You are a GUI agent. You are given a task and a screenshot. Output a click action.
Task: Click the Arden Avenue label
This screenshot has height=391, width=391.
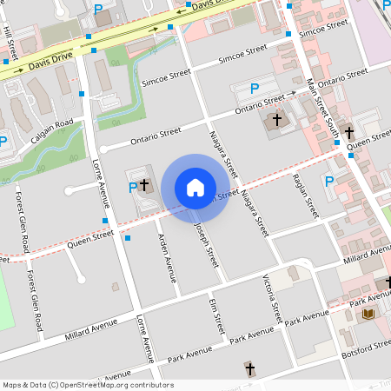(167, 258)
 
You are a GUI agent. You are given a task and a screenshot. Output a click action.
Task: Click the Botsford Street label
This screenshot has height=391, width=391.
(369, 345)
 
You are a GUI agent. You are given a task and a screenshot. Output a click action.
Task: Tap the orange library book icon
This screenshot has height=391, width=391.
(368, 313)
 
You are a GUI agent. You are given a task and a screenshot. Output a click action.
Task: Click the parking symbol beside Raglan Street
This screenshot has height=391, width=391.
(328, 181)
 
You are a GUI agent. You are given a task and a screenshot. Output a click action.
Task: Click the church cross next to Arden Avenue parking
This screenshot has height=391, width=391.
(144, 184)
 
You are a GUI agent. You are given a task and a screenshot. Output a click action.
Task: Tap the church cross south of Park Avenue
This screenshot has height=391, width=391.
(250, 369)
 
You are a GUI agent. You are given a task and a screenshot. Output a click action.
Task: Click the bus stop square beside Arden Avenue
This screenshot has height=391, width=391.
(128, 237)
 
